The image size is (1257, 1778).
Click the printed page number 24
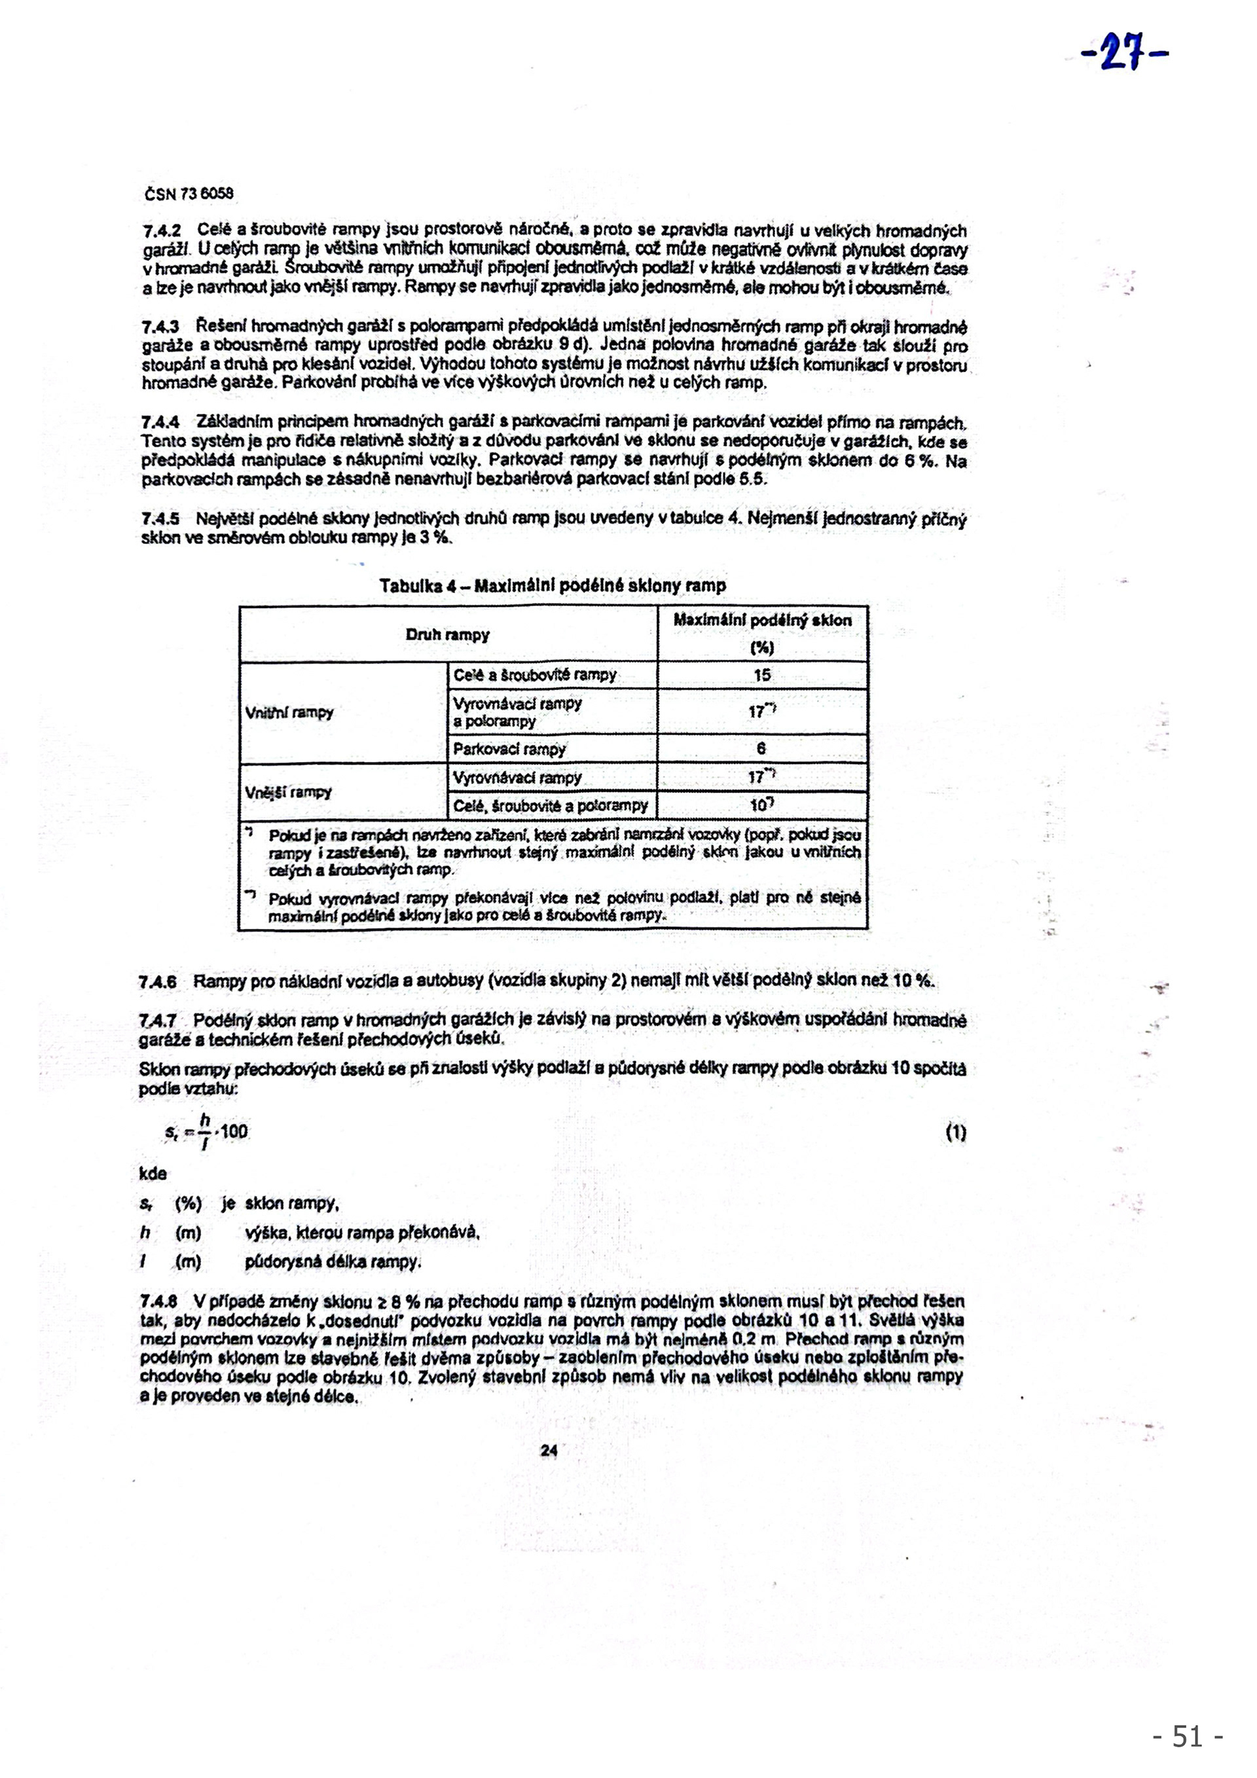[549, 1451]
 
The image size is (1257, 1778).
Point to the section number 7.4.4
[160, 423]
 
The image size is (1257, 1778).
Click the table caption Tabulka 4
[552, 585]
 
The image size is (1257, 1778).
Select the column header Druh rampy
[448, 635]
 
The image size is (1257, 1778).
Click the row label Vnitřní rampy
[289, 712]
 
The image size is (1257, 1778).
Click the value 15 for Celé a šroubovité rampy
[762, 676]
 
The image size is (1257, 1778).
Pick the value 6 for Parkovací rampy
[761, 749]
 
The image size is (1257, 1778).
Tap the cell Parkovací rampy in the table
[509, 749]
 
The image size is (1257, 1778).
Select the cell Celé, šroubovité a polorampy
[551, 805]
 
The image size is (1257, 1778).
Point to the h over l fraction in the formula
[204, 1132]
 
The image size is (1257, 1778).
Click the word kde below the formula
[153, 1174]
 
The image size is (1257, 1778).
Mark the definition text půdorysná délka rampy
[333, 1262]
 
